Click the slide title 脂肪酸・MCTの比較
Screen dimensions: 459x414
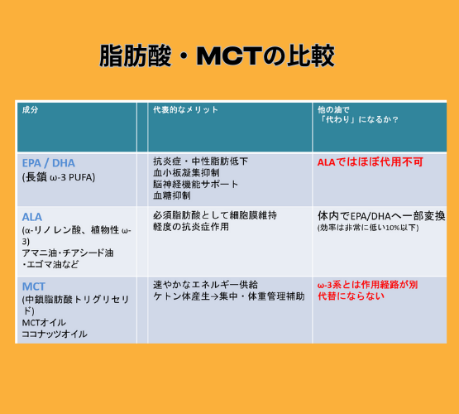(217, 55)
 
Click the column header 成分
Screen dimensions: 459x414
(30, 110)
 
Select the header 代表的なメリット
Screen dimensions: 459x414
(185, 110)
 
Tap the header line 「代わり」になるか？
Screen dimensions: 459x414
(358, 119)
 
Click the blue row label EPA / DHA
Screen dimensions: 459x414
(49, 163)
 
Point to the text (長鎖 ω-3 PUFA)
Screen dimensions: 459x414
(59, 177)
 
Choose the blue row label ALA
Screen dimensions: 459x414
(32, 217)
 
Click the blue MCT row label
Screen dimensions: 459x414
(34, 286)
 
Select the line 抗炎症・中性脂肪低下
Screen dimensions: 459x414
(200, 161)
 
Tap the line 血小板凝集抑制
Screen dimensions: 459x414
(186, 172)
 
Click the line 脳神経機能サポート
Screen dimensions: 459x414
(195, 184)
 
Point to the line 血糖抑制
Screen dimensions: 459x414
(172, 195)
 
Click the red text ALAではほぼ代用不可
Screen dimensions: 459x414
(371, 162)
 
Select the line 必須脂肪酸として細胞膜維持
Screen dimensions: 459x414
(215, 215)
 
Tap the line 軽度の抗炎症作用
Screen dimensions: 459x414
(191, 227)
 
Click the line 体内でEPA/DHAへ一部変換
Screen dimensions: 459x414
(381, 216)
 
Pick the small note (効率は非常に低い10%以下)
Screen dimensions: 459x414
(368, 228)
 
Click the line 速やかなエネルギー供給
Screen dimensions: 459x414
(205, 285)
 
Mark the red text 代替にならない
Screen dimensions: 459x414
(351, 296)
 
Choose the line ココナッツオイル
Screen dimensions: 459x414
(55, 334)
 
